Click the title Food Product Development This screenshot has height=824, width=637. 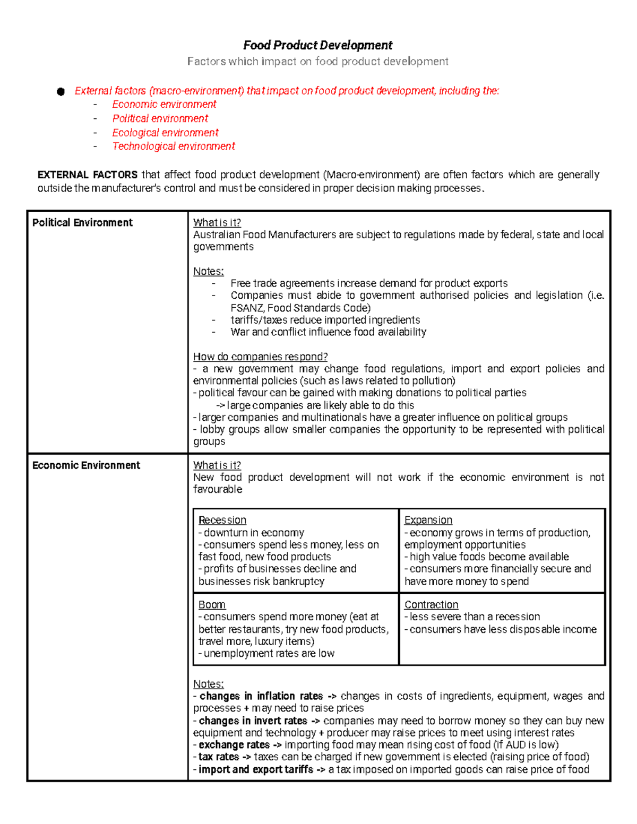pyautogui.click(x=317, y=45)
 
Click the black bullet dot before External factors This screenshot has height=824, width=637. pyautogui.click(x=61, y=92)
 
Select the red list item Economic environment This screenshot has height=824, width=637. pyautogui.click(x=164, y=105)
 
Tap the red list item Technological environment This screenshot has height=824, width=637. pyautogui.click(x=173, y=146)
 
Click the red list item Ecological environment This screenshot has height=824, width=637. pyautogui.click(x=165, y=133)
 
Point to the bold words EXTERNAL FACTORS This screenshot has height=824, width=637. pyautogui.click(x=87, y=175)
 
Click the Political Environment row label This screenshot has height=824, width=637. pyautogui.click(x=82, y=223)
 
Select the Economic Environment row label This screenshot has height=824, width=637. pyautogui.click(x=86, y=465)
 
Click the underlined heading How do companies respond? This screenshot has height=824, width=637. pyautogui.click(x=260, y=357)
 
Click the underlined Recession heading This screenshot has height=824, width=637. pyautogui.click(x=222, y=520)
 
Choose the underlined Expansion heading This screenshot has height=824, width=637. pyautogui.click(x=428, y=520)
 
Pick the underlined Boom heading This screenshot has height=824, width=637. pyautogui.click(x=212, y=605)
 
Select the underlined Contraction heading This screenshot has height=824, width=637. pyautogui.click(x=431, y=605)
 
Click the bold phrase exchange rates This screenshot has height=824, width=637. pyautogui.click(x=234, y=745)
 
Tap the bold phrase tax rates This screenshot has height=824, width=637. pyautogui.click(x=218, y=757)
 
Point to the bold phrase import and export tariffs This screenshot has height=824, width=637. pyautogui.click(x=255, y=769)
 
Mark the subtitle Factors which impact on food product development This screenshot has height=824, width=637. pyautogui.click(x=317, y=62)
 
